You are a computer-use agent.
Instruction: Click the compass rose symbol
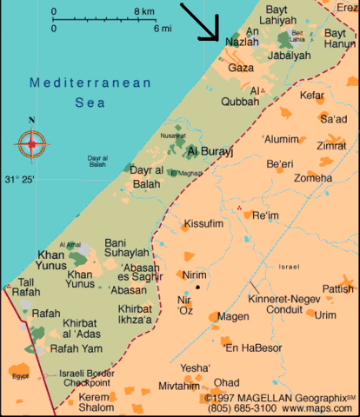32,142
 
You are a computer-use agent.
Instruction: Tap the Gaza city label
240,68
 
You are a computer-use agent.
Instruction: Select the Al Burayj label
210,152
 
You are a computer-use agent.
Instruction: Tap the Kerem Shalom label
95,402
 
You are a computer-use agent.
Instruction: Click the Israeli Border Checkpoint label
84,378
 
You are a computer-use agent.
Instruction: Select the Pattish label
337,288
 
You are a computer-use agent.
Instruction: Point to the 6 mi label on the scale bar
163,28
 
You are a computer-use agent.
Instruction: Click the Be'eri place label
280,164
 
